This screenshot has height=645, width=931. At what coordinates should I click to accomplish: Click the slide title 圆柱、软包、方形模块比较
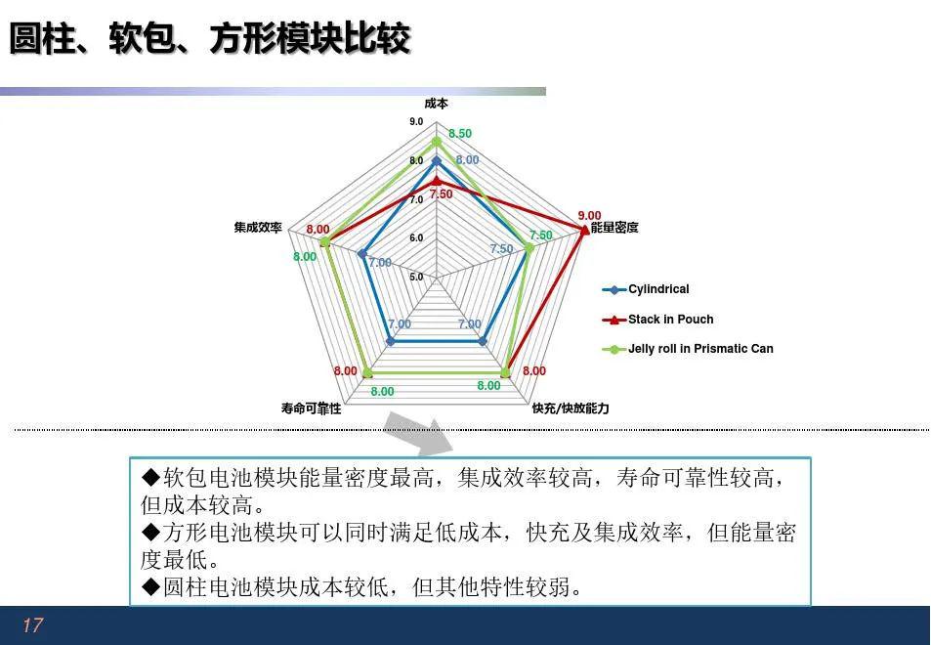pos(210,39)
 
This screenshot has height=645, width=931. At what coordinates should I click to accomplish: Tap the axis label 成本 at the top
pos(437,104)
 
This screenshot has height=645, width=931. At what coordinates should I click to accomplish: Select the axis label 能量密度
pos(614,228)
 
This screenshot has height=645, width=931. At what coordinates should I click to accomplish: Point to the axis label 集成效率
pos(258,228)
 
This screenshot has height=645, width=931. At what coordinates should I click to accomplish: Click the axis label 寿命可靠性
pos(311,408)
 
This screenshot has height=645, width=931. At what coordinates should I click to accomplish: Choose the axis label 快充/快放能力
pos(571,408)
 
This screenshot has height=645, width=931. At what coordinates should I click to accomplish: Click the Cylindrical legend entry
pos(646,289)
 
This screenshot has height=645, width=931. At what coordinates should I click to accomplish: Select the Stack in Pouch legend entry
pos(657,319)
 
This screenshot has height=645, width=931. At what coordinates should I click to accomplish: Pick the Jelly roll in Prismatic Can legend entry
pos(688,349)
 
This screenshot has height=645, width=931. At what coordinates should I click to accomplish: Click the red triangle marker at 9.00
pos(585,230)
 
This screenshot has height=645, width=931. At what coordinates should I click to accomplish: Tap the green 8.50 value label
pos(460,134)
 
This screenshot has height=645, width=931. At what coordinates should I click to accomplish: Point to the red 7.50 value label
pos(442,194)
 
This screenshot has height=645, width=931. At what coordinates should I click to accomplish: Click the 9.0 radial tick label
pos(416,122)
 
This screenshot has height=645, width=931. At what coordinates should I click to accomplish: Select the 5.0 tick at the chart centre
pos(416,277)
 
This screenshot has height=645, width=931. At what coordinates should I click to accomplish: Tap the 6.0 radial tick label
pos(416,237)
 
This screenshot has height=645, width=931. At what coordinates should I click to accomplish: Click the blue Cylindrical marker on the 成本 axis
pos(437,161)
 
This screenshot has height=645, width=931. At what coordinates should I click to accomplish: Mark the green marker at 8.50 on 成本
pos(437,142)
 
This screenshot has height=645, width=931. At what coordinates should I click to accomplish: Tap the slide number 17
pos(32,624)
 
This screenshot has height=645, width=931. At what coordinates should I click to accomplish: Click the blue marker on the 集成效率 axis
pos(362,254)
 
